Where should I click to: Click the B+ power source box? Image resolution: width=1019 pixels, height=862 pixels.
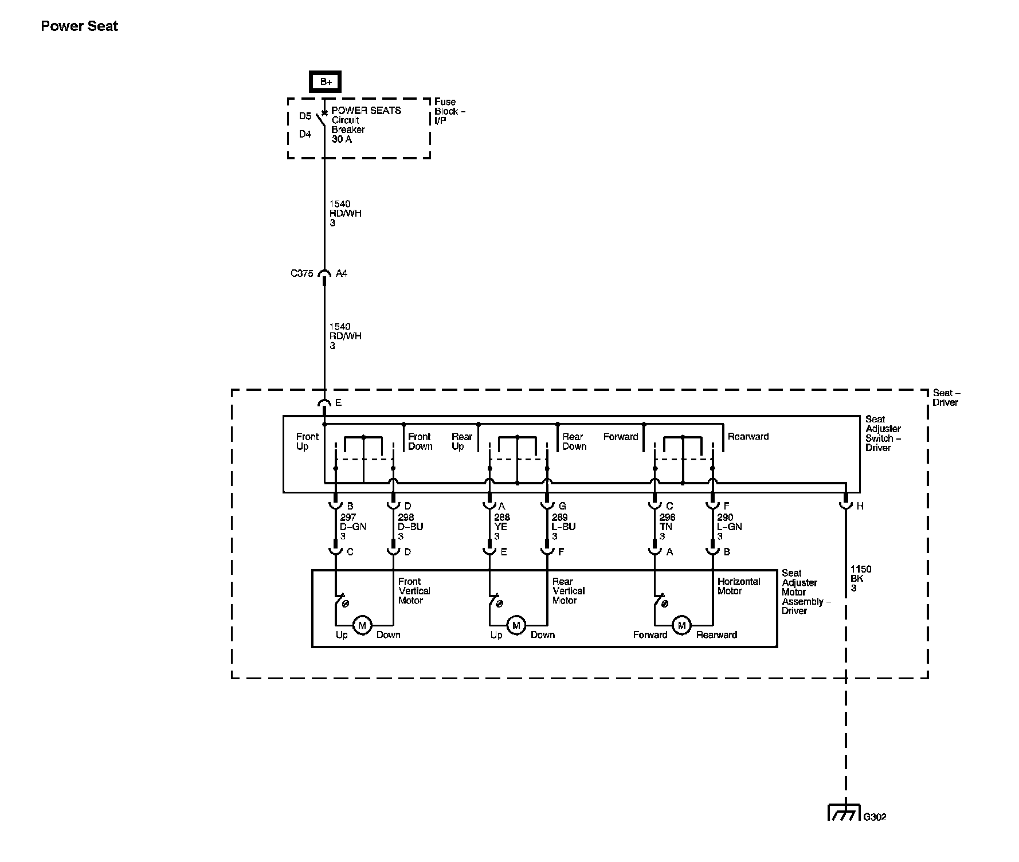(x=326, y=81)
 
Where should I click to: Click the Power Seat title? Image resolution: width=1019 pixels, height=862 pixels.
(x=79, y=26)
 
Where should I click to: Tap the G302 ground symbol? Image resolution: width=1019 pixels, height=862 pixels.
(x=844, y=813)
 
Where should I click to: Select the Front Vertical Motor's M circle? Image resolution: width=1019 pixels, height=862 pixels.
(x=362, y=625)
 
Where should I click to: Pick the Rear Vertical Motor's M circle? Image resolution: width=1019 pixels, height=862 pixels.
(x=516, y=625)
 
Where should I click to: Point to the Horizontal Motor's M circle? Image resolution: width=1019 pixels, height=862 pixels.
(x=681, y=625)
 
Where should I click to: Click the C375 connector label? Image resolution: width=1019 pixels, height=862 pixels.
(x=301, y=273)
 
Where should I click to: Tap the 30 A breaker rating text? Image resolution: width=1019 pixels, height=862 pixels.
(x=342, y=139)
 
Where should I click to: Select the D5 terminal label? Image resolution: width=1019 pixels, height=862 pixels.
(x=305, y=116)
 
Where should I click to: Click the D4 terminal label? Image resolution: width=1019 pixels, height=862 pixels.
(x=305, y=134)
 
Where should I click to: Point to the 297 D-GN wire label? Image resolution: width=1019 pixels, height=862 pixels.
(x=352, y=527)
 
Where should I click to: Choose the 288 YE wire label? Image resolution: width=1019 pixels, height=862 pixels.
(x=501, y=527)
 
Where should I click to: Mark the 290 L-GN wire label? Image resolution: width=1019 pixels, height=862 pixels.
(x=729, y=527)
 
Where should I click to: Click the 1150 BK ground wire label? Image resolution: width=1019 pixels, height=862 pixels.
(x=860, y=578)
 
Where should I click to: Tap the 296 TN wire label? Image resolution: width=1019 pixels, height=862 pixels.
(x=667, y=527)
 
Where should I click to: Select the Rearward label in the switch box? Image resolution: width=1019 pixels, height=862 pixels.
(x=748, y=437)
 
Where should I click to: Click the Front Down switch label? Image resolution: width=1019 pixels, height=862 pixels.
(x=420, y=441)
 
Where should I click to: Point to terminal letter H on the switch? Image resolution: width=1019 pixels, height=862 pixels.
(x=860, y=506)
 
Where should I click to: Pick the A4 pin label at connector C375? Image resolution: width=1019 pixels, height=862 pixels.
(x=342, y=273)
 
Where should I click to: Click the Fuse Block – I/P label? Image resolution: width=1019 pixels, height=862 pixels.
(x=449, y=111)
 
